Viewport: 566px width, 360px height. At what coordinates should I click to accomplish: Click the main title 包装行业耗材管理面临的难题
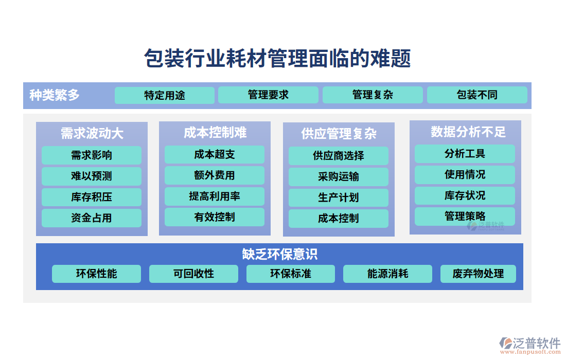277,59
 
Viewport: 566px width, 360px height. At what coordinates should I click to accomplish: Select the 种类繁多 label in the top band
55,95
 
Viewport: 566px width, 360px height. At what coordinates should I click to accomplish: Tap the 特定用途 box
165,95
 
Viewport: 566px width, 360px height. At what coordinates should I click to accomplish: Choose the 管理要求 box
268,95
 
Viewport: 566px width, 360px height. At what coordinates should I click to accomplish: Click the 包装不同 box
477,95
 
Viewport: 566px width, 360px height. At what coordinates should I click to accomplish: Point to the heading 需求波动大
92,134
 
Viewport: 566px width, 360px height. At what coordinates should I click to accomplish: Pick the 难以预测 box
92,176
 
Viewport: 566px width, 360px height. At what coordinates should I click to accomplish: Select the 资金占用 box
92,218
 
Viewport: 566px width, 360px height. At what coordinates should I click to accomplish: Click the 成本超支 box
215,154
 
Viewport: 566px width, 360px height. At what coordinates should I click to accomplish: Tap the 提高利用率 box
215,196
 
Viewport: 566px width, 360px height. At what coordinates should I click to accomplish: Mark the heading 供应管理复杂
339,134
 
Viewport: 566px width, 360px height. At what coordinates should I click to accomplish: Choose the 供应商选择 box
339,155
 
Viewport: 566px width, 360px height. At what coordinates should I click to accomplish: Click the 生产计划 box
339,197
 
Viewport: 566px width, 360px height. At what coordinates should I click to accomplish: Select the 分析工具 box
465,154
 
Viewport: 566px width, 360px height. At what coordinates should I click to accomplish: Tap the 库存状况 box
465,195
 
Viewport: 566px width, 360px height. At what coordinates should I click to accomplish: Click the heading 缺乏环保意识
279,254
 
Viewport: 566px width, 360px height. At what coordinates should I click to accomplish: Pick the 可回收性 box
193,274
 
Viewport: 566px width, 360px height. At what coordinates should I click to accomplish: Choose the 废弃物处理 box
478,274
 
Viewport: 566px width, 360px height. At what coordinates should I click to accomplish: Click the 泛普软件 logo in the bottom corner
529,344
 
